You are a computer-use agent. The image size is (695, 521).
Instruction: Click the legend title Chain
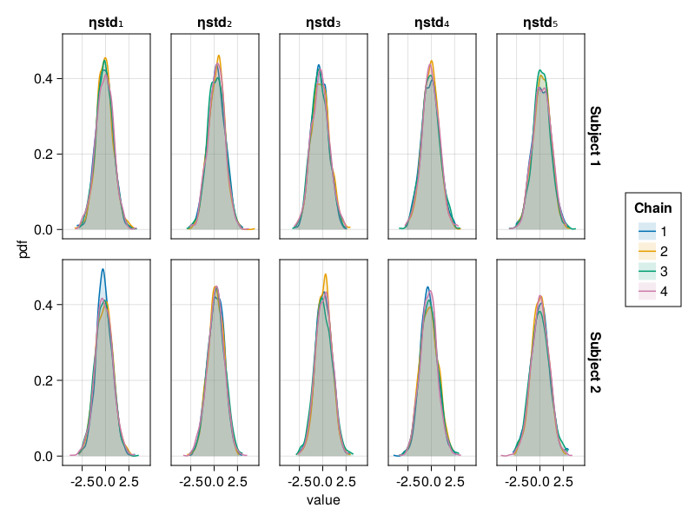point(652,208)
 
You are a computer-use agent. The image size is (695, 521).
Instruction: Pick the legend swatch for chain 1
point(645,231)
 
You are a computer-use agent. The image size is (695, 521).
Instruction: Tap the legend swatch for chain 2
point(645,251)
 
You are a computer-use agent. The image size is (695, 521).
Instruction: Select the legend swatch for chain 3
point(645,271)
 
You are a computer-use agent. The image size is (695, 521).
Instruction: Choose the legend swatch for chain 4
point(645,291)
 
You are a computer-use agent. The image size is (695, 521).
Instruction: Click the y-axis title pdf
point(24,249)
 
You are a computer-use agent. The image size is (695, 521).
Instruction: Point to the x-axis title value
point(323,500)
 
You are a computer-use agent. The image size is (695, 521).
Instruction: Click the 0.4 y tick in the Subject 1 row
point(43,78)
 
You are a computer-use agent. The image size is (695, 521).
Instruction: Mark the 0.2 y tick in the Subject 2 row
point(43,380)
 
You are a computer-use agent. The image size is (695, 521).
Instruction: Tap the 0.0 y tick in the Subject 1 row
point(43,229)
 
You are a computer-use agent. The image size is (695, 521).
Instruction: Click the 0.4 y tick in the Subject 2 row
point(43,305)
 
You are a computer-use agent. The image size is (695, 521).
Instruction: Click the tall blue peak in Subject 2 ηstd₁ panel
point(103,270)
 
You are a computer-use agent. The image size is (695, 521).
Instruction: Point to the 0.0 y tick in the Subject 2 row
point(43,456)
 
